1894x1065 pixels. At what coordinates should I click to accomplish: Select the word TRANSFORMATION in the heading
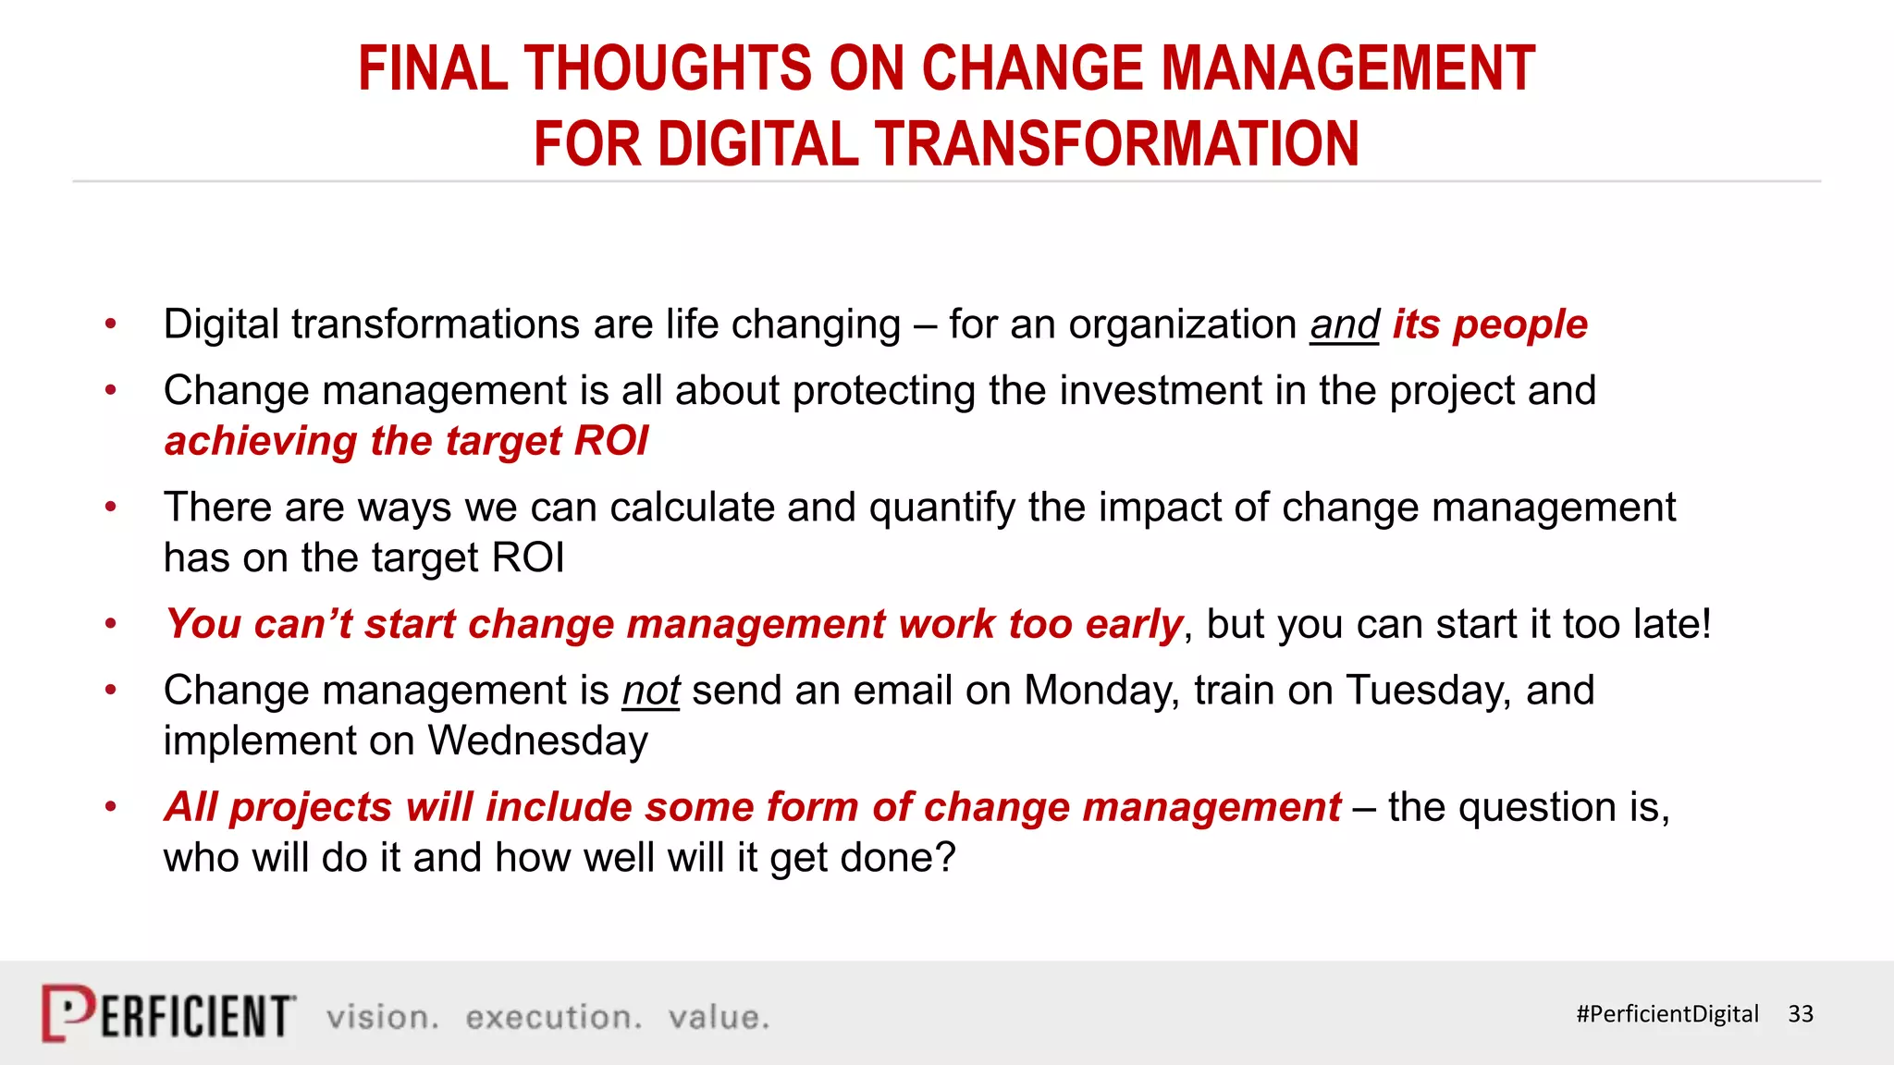click(1117, 144)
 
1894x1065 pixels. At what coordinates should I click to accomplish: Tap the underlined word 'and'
click(1344, 324)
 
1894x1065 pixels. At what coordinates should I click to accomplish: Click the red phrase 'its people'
click(1490, 324)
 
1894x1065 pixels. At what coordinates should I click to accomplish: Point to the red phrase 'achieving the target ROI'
click(406, 441)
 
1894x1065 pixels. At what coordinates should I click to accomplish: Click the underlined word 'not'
click(651, 691)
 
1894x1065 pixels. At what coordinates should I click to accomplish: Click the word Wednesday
click(537, 741)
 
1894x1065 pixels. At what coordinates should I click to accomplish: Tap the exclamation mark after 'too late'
click(1705, 624)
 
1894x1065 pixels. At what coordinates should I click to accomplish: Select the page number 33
click(1800, 1014)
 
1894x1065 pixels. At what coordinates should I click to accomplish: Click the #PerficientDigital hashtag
click(1666, 1014)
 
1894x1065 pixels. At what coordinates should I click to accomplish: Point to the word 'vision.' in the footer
click(382, 1017)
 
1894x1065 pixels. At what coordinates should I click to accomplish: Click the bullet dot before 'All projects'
click(111, 807)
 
